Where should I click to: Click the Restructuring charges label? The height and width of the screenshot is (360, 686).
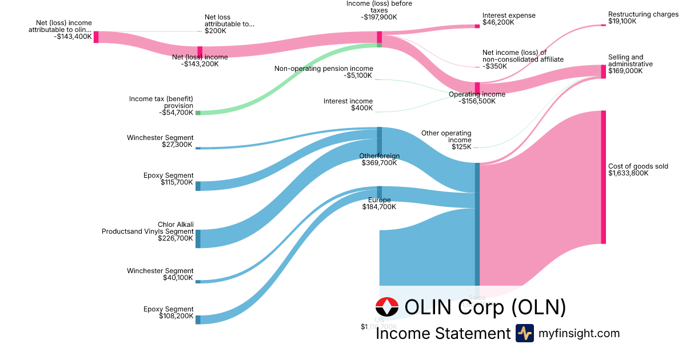tap(639, 18)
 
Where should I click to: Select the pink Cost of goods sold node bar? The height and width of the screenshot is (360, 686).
tap(603, 177)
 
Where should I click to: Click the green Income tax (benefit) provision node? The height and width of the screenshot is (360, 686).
tap(198, 113)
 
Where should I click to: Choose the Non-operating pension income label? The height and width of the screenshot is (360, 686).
tap(324, 72)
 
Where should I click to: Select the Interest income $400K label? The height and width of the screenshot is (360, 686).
tap(348, 105)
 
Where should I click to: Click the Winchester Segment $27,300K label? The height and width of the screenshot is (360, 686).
tap(160, 141)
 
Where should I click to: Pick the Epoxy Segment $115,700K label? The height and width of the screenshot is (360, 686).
tap(169, 179)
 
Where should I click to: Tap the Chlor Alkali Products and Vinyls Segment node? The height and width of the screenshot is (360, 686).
tap(198, 239)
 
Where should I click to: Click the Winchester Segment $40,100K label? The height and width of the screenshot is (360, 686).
tap(160, 274)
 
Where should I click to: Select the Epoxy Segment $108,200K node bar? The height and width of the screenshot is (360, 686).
tap(198, 319)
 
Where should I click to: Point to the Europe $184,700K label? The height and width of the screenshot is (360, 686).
tap(379, 203)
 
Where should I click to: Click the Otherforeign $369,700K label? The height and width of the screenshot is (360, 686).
tap(379, 159)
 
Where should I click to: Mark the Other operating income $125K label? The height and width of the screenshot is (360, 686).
tap(446, 140)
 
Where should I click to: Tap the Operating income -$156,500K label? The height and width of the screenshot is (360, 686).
tap(477, 98)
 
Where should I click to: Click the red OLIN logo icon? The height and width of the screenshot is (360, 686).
tap(387, 307)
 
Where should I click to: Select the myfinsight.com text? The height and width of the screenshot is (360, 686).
tap(579, 333)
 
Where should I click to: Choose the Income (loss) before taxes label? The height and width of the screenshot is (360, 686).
tap(379, 10)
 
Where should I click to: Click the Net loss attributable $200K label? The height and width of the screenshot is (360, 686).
tap(229, 23)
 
